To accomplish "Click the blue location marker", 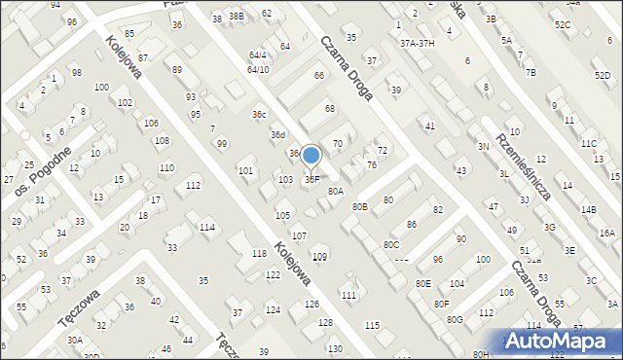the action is (x=311, y=156).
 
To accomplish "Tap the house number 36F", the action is (x=311, y=179).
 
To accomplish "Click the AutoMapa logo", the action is (x=562, y=342).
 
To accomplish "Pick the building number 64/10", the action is (x=258, y=70).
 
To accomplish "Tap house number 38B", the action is (x=236, y=17).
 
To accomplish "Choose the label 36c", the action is (x=259, y=115).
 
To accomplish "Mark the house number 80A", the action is (x=335, y=192).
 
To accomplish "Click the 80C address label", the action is (x=390, y=244).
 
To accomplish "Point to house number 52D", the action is (x=603, y=75).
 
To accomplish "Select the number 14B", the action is (x=588, y=209).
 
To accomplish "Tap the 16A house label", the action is (x=607, y=234).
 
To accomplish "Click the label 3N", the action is (x=483, y=146).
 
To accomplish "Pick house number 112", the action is (x=194, y=185).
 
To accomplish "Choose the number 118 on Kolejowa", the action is (x=259, y=253).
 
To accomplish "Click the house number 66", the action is (x=318, y=76).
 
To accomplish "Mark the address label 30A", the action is (x=74, y=340).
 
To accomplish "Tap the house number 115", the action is (x=372, y=325).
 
